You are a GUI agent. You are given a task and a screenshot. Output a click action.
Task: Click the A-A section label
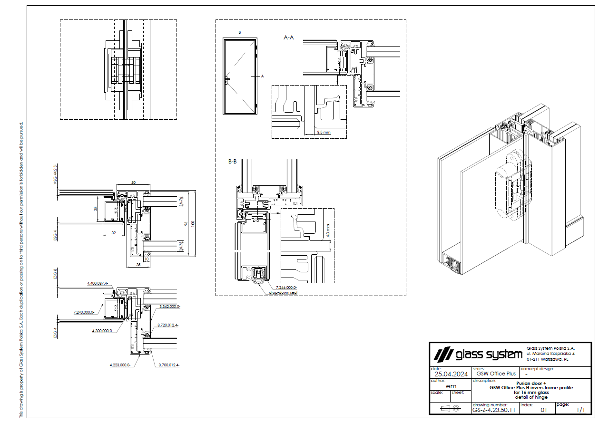(x=289, y=37)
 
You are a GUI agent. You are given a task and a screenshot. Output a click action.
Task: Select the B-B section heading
(x=232, y=162)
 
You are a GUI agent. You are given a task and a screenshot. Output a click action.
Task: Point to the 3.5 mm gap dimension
(x=324, y=133)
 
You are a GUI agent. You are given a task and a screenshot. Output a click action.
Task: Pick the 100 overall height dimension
(x=193, y=223)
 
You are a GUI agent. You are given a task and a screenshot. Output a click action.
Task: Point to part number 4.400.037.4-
(x=98, y=283)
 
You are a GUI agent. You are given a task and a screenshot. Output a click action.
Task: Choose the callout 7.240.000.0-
(x=84, y=312)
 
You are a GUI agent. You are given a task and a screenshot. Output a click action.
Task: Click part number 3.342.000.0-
(x=170, y=307)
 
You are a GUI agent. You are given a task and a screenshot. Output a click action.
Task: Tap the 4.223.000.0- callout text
(x=119, y=365)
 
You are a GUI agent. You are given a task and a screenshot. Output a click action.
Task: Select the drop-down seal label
(x=283, y=293)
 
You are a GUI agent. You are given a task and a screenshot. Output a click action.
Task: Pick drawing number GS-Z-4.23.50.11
(x=494, y=409)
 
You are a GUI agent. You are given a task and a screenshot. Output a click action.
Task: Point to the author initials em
(x=451, y=386)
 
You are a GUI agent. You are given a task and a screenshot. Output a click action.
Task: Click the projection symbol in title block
(x=451, y=408)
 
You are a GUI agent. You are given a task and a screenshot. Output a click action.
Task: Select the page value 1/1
(x=580, y=409)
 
